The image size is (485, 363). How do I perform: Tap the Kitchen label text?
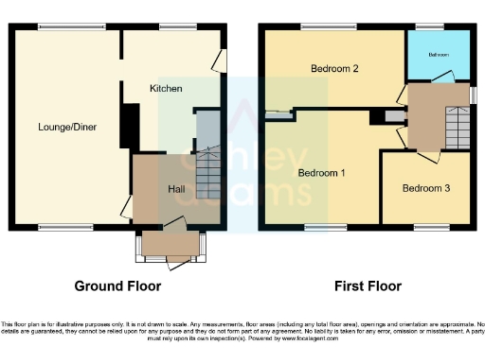coord(165,88)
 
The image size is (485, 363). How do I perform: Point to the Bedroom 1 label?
coord(321,173)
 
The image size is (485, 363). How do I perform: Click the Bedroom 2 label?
coord(334,69)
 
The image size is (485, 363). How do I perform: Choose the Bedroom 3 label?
coord(425,188)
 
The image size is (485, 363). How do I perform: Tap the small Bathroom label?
coord(438,55)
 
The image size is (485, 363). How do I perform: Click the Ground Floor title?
coord(117,285)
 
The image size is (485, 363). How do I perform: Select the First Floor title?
coord(367,285)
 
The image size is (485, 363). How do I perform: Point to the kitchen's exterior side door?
coord(220,60)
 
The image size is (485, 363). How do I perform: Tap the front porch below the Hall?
coord(170,246)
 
